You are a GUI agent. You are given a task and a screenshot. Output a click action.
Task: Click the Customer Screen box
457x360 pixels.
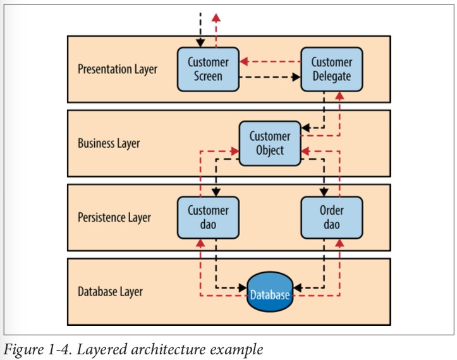[x=208, y=69]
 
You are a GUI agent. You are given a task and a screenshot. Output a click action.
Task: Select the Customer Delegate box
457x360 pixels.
[x=331, y=69]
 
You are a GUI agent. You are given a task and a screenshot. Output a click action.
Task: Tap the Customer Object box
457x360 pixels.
[x=270, y=143]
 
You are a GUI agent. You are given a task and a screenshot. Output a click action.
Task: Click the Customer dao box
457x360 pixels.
[x=208, y=217]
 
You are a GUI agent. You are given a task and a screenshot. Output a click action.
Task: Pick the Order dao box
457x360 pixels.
[x=331, y=217]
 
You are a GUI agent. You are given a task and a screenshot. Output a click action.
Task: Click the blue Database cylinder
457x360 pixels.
[x=270, y=292]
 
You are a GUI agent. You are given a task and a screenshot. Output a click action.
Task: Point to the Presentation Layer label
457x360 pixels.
[x=117, y=69]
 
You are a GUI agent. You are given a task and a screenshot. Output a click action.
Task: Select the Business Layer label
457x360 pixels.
[x=109, y=143]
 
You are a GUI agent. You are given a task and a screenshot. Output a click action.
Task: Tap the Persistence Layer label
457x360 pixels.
[x=114, y=218]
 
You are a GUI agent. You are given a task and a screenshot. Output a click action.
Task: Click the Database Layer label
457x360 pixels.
[x=110, y=292]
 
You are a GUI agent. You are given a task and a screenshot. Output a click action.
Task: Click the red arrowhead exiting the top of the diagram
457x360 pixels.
[x=216, y=17]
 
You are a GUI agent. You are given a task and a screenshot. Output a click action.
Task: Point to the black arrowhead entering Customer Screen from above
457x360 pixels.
[x=200, y=43]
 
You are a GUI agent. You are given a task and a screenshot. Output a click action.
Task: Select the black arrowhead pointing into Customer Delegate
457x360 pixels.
[x=296, y=78]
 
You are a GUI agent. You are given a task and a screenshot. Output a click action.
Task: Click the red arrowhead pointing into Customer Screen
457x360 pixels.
[x=246, y=62]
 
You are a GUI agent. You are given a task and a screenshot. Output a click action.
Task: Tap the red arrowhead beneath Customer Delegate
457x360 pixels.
[x=339, y=96]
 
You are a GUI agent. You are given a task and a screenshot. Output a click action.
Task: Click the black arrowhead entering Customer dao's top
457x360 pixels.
[x=216, y=192]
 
